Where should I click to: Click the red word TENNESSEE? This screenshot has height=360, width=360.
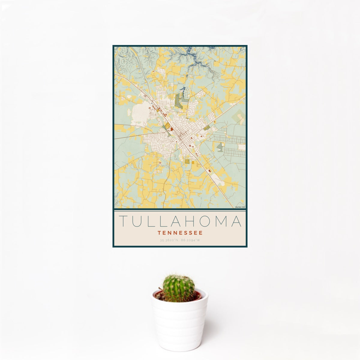(x=180, y=232)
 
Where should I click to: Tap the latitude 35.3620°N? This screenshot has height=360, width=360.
(x=169, y=240)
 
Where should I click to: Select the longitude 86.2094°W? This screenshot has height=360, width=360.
(x=191, y=240)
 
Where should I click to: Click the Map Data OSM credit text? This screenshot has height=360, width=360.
(x=240, y=207)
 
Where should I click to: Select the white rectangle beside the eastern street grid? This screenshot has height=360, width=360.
(x=241, y=147)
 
